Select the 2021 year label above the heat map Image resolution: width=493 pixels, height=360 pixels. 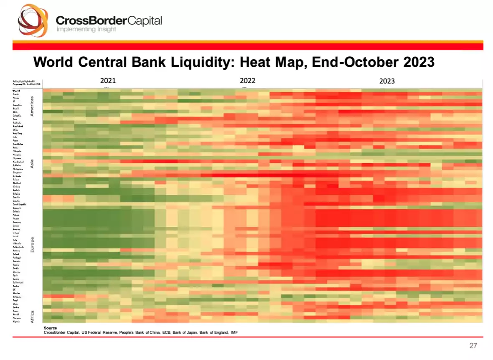click(x=108, y=81)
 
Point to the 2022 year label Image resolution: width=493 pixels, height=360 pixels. click(x=247, y=81)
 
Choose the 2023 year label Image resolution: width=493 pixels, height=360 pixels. click(x=387, y=81)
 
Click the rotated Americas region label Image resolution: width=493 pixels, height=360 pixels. click(x=33, y=106)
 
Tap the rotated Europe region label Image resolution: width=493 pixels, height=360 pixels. click(x=33, y=245)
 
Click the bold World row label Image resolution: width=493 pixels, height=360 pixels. click(x=16, y=90)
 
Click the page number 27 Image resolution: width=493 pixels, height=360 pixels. click(x=473, y=346)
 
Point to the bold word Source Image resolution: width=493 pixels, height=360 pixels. click(x=50, y=328)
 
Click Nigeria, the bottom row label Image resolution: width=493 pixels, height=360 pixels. click(x=17, y=322)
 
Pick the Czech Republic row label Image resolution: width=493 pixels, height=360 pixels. click(x=20, y=204)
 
